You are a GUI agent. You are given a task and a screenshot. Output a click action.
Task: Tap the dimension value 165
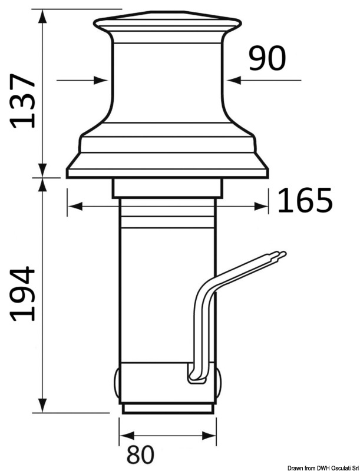305,202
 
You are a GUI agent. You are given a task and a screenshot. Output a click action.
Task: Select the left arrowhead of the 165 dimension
73,206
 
